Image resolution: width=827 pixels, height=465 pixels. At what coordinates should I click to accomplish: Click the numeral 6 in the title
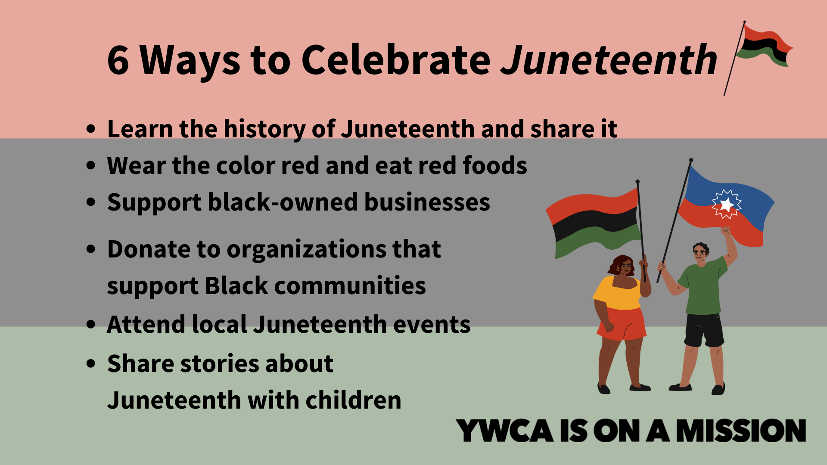pyautogui.click(x=118, y=60)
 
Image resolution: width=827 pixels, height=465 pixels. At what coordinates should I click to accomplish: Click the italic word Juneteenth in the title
pyautogui.click(x=609, y=59)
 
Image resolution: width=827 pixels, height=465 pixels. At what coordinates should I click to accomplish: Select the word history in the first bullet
pyautogui.click(x=264, y=129)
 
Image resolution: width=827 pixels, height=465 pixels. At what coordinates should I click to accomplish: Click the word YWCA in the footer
pyautogui.click(x=504, y=430)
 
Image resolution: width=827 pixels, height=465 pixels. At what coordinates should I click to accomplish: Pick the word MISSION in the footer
pyautogui.click(x=741, y=430)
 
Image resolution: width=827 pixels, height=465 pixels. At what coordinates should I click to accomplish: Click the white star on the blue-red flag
pyautogui.click(x=727, y=204)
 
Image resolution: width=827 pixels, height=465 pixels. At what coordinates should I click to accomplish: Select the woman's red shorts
pyautogui.click(x=622, y=324)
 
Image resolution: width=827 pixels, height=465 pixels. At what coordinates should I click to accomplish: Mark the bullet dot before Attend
pyautogui.click(x=90, y=325)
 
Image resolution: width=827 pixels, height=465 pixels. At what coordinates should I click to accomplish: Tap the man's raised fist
pyautogui.click(x=726, y=231)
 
